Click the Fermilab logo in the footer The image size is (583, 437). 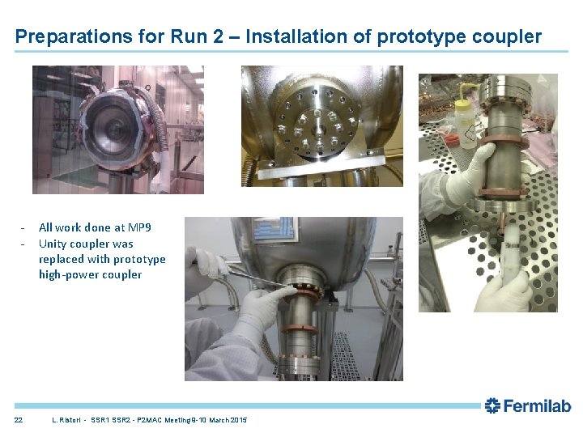tap(527, 406)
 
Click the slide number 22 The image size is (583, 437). tap(19, 420)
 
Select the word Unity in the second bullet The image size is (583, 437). tap(53, 244)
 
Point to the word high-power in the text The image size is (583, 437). tap(64, 274)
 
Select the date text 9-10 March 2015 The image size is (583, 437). tap(219, 420)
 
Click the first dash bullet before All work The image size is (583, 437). tap(24, 228)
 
